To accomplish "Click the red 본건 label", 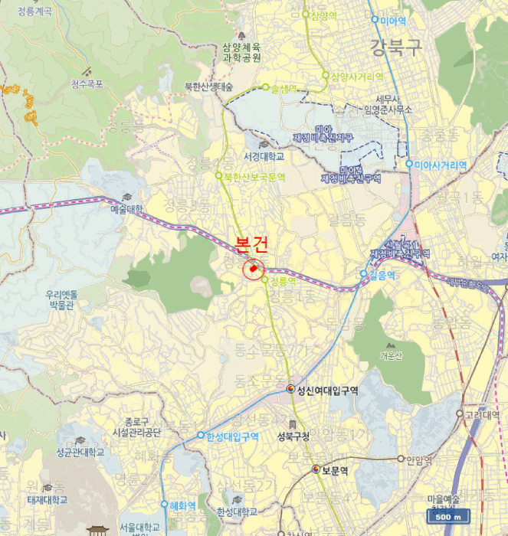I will pyautogui.click(x=252, y=245).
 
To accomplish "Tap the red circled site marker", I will pyautogui.click(x=254, y=269).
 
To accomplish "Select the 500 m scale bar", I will pyautogui.click(x=444, y=518).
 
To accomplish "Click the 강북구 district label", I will pyautogui.click(x=396, y=47).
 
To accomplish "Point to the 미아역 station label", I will pyautogui.click(x=392, y=20).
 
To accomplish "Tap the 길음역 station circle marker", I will pyautogui.click(x=364, y=273).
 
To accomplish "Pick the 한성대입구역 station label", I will pyautogui.click(x=232, y=437).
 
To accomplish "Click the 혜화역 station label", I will pyautogui.click(x=182, y=505).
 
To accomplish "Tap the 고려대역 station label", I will pyautogui.click(x=482, y=415).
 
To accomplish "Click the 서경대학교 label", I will pyautogui.click(x=264, y=156).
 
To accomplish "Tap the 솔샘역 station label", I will pyautogui.click(x=284, y=88).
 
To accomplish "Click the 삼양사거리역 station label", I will pyautogui.click(x=357, y=77).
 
